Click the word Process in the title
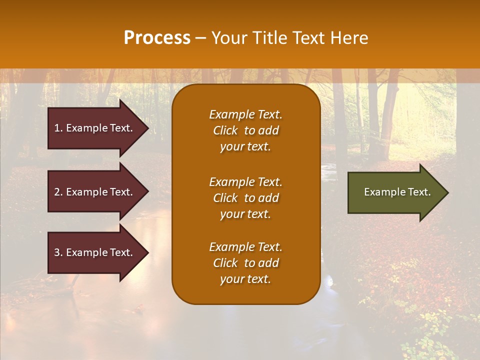157,38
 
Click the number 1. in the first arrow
58,128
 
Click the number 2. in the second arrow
58,192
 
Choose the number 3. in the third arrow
58,252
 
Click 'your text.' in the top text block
245,146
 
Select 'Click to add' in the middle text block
245,198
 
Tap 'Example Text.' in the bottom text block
245,247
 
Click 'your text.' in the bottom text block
245,279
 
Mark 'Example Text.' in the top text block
245,114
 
